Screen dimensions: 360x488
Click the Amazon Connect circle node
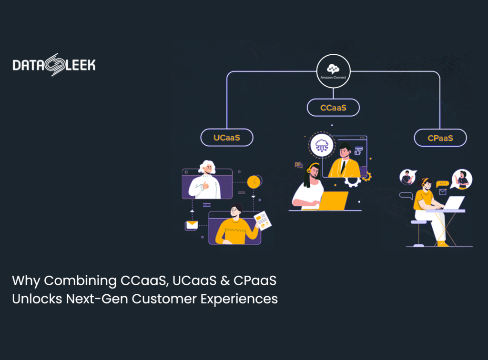click(333, 71)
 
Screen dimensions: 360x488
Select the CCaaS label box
click(333, 108)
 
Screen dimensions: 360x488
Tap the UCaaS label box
click(226, 138)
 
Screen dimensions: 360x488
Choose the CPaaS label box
click(440, 138)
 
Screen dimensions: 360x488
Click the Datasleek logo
click(54, 65)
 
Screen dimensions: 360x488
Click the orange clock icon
click(254, 181)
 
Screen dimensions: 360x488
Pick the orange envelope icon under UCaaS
click(192, 225)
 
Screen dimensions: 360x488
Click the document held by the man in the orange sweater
click(263, 220)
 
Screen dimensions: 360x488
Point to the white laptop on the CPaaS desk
click(454, 203)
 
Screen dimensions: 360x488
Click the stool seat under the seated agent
click(418, 222)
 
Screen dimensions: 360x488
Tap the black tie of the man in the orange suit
click(343, 167)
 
